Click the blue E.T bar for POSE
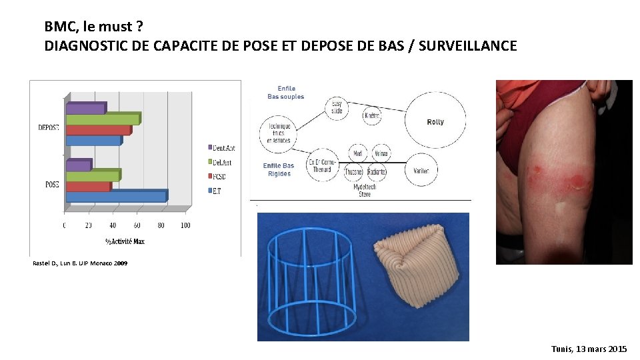(x=116, y=196)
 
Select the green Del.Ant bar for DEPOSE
(x=103, y=119)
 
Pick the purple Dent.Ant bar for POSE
(x=78, y=165)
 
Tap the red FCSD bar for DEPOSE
(x=98, y=130)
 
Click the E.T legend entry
(x=217, y=191)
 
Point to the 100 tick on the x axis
(x=185, y=225)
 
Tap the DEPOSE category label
(x=48, y=127)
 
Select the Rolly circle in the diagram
(x=435, y=121)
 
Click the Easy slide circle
(x=337, y=107)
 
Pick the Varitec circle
(x=421, y=170)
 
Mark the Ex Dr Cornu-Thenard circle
(x=322, y=166)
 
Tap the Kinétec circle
(x=372, y=115)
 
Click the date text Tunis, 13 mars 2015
(x=589, y=349)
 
